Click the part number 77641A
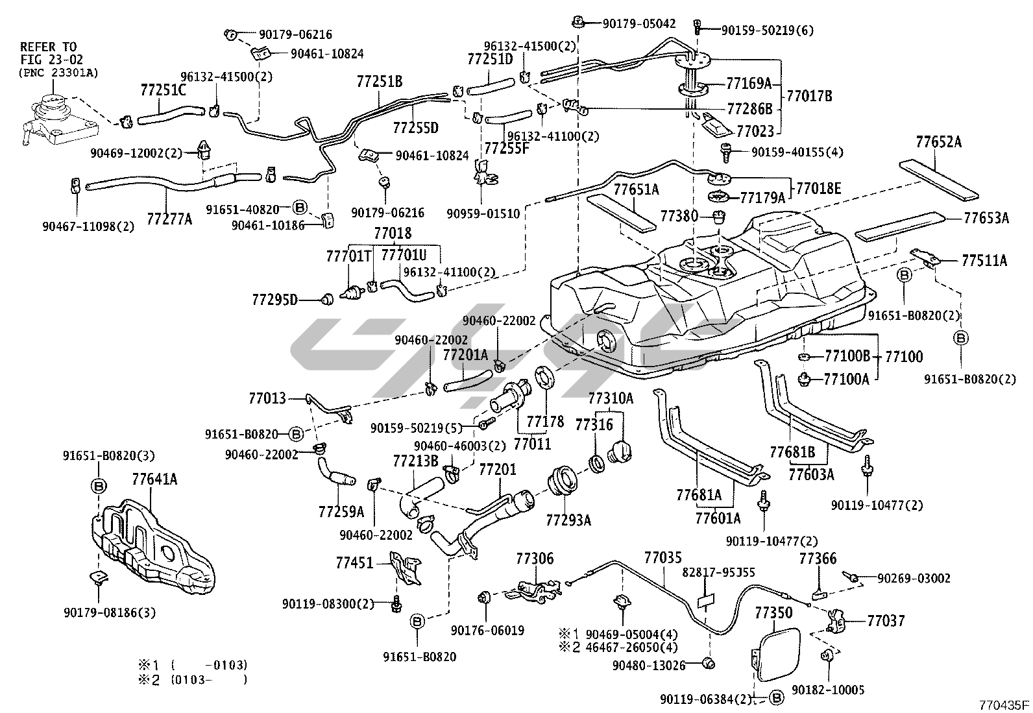154,480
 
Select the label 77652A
938,142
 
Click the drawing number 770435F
1004,705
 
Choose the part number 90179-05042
638,24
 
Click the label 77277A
169,219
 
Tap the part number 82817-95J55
718,573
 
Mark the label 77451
355,562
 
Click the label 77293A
568,520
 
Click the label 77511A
984,261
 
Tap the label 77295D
274,300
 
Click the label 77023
755,132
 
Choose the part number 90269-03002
914,578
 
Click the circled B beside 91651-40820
299,208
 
